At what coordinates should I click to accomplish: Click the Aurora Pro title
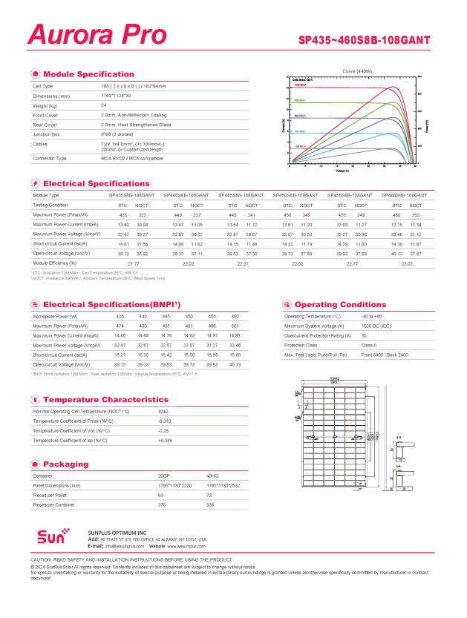pyautogui.click(x=97, y=34)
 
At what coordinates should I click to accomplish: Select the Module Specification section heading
pyautogui.click(x=88, y=74)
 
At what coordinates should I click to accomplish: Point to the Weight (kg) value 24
pyautogui.click(x=104, y=105)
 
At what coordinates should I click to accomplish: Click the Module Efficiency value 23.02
pyautogui.click(x=406, y=263)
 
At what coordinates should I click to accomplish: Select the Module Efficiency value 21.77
pyautogui.click(x=134, y=263)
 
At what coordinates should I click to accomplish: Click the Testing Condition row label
pyautogui.click(x=50, y=205)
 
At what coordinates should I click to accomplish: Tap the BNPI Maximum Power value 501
pyautogui.click(x=235, y=326)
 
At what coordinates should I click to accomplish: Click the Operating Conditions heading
pyautogui.click(x=340, y=304)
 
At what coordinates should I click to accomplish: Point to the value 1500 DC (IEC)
pyautogui.click(x=376, y=326)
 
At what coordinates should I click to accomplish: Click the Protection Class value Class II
pyautogui.click(x=368, y=345)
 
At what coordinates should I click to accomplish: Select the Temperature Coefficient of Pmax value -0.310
pyautogui.click(x=165, y=421)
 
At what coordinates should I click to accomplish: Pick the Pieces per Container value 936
pyautogui.click(x=210, y=504)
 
